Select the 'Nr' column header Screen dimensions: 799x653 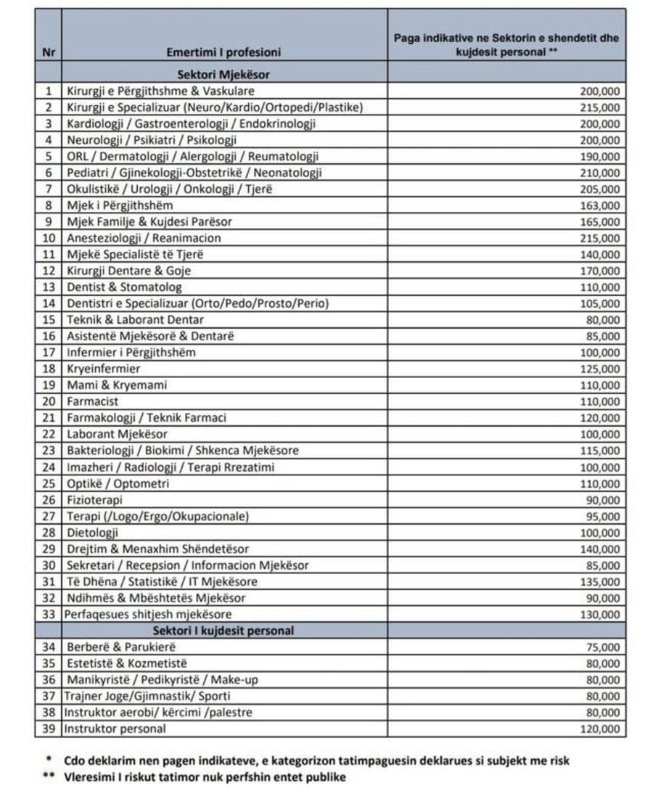[48, 52]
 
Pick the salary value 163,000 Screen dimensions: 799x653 [600, 205]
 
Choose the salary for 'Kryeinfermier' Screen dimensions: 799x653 [600, 369]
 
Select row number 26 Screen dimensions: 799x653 [49, 499]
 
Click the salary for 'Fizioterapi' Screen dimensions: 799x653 [603, 499]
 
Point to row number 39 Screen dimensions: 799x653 [49, 729]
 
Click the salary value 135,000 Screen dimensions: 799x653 [600, 581]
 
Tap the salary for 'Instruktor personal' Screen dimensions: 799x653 [600, 729]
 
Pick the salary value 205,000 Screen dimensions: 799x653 [600, 189]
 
